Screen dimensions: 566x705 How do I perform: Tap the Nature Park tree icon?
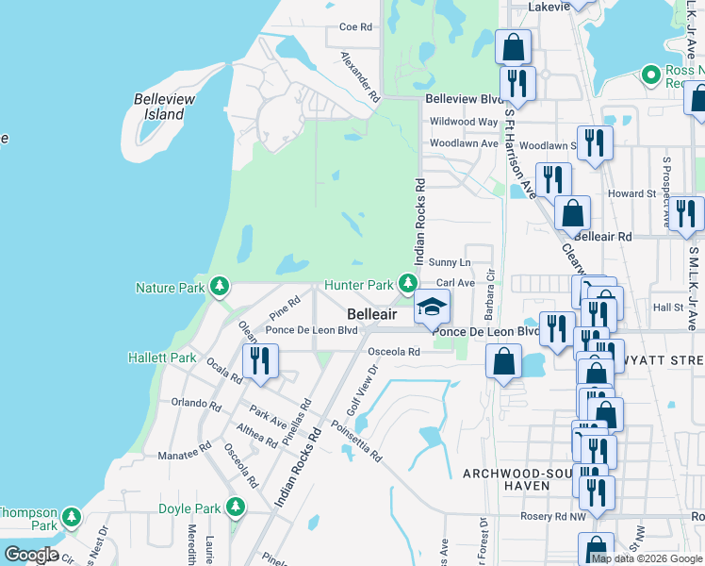220,285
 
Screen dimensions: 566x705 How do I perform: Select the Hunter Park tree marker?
407,283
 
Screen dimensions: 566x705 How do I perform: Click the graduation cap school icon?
433,307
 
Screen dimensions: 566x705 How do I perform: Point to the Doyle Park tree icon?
236,508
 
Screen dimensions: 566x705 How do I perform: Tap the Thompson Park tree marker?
71,517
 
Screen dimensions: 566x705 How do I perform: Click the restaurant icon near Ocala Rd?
258,360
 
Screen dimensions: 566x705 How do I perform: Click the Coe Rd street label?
356,27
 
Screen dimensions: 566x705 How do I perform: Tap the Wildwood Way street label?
463,122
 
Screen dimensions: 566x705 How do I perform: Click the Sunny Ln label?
449,261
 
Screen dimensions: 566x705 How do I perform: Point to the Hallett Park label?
163,358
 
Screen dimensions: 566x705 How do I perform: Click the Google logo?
30,556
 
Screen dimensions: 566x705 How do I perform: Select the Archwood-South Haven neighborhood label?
513,478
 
